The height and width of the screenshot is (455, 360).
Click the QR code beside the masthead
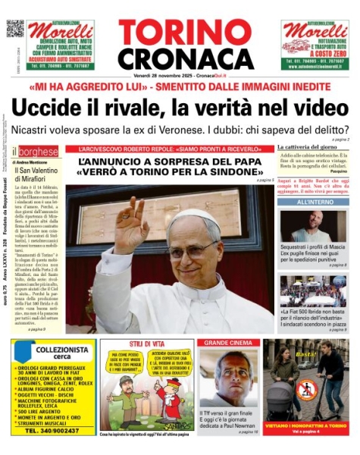coord(15,28)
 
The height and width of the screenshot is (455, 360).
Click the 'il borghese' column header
coord(30,152)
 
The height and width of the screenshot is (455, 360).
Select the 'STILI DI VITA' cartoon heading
coord(146,343)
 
